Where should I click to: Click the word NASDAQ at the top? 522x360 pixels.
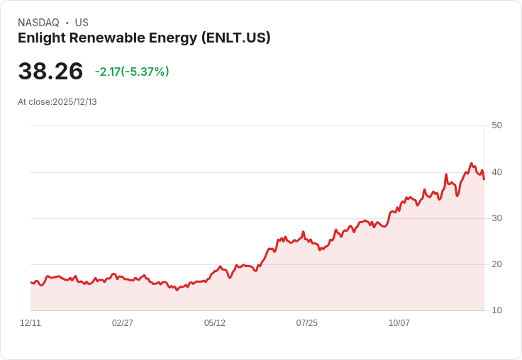(x=38, y=23)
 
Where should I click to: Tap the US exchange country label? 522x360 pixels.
(x=82, y=23)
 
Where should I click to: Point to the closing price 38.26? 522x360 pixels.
(x=50, y=72)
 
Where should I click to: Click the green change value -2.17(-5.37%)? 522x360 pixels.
(x=132, y=72)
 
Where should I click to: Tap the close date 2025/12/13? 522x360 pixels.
(x=74, y=102)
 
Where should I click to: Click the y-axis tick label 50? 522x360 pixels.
(x=496, y=125)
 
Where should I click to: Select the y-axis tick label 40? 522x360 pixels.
(x=496, y=172)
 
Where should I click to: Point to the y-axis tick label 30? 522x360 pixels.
(x=496, y=218)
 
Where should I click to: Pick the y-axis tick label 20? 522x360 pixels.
(x=496, y=264)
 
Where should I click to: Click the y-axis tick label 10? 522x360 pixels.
(x=496, y=310)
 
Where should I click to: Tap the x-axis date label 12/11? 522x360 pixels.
(x=30, y=323)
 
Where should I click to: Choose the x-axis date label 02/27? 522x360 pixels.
(x=123, y=323)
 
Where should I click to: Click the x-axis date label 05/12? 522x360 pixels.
(x=215, y=323)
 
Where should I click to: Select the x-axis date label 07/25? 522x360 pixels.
(x=307, y=323)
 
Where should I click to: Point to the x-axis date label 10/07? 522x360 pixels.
(x=399, y=323)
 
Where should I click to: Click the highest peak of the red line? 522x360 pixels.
(x=471, y=164)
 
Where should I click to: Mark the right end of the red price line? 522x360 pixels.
(x=484, y=179)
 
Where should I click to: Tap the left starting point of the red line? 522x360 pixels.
(x=31, y=282)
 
